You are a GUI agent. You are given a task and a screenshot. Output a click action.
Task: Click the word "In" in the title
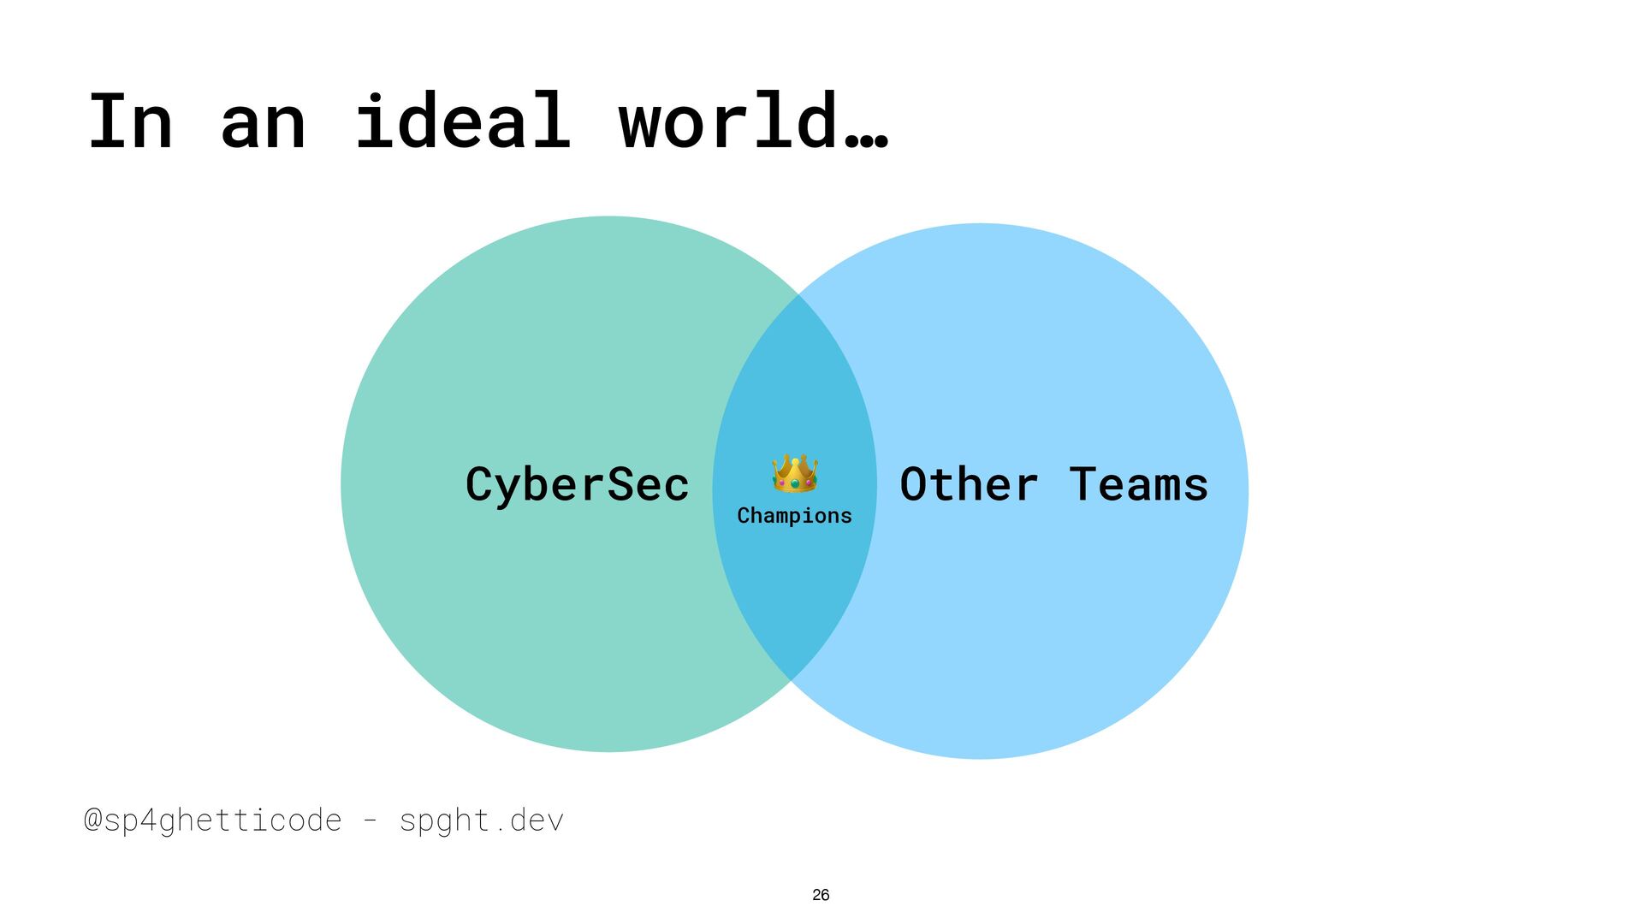[130, 121]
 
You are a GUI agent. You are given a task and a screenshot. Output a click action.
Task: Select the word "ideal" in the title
[462, 121]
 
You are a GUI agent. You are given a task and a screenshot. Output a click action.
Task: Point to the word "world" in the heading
[727, 121]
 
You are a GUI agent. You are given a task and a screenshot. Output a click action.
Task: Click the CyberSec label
[577, 485]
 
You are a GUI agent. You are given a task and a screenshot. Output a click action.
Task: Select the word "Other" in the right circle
[969, 484]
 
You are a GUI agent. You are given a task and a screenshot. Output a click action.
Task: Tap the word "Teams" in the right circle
[1138, 484]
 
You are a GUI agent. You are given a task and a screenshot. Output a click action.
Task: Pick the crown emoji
[795, 473]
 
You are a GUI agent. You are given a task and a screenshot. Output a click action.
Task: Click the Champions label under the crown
[794, 516]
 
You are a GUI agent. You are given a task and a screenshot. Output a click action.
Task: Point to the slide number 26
[821, 895]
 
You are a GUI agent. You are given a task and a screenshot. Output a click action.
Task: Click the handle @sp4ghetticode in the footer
[213, 820]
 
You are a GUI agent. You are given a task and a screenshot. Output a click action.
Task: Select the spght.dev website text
[482, 820]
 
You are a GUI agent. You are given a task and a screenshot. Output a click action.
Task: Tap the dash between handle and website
[371, 820]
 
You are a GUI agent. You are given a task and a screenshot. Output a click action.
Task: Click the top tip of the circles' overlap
[798, 295]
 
